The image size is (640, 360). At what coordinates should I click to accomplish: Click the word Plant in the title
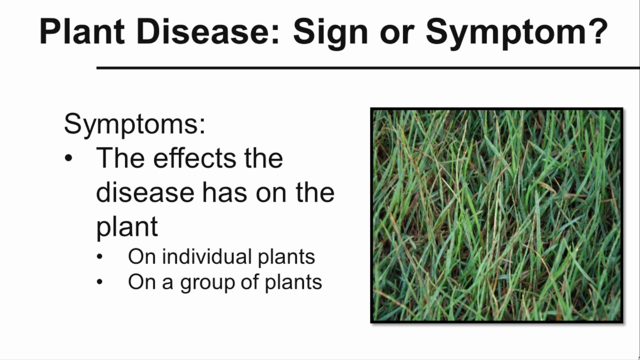tap(82, 31)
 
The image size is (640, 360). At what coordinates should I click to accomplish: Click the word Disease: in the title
tap(207, 31)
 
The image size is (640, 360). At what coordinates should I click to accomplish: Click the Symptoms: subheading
tap(134, 124)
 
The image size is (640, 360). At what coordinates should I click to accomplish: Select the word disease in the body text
tap(145, 192)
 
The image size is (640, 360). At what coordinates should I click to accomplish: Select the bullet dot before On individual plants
tap(100, 257)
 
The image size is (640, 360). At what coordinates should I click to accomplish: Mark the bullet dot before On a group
tap(100, 282)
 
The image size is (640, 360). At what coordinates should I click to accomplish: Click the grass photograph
tap(497, 215)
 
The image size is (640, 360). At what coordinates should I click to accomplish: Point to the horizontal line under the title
tap(367, 67)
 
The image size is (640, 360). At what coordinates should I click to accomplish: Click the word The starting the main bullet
tap(120, 158)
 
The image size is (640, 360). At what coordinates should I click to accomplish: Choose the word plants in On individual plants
tap(286, 257)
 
